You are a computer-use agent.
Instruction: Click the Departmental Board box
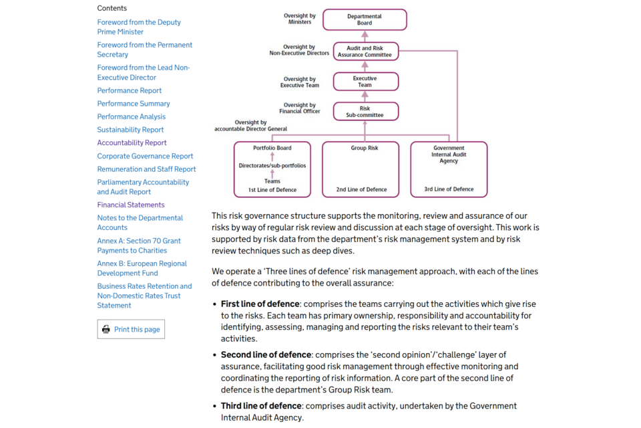365,19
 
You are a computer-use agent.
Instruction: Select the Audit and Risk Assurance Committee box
365,51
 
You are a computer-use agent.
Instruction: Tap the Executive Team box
365,82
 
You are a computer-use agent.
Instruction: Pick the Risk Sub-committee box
365,112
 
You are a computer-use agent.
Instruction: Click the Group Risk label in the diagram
365,148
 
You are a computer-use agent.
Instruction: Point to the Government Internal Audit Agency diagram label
449,154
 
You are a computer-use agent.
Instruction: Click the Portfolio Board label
272,148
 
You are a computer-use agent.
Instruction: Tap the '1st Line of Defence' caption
272,189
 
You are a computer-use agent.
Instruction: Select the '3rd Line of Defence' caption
449,189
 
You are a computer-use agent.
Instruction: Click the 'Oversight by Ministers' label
300,19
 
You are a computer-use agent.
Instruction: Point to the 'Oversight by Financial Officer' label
300,108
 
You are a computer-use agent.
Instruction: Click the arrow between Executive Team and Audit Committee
365,66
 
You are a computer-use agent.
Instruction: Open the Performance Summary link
134,104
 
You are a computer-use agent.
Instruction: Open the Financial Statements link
131,205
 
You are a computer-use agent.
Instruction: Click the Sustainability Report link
130,130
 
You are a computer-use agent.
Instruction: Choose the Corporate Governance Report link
145,156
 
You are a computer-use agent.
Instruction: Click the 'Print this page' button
131,329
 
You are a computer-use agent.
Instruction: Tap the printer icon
106,329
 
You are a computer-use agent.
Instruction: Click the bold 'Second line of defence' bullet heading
266,354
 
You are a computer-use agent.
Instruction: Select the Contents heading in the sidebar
112,8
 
